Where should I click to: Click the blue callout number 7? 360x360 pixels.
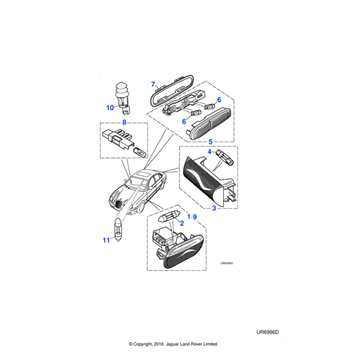pyautogui.click(x=153, y=84)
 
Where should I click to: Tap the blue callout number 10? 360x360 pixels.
pyautogui.click(x=110, y=107)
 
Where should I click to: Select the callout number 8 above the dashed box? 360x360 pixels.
pyautogui.click(x=124, y=122)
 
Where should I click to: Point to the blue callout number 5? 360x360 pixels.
pyautogui.click(x=211, y=142)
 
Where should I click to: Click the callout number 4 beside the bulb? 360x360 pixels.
pyautogui.click(x=209, y=152)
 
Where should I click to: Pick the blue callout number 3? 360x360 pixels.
pyautogui.click(x=214, y=208)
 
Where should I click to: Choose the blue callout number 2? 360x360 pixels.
pyautogui.click(x=182, y=223)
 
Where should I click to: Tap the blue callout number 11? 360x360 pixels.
pyautogui.click(x=106, y=240)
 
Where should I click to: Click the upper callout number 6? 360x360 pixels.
pyautogui.click(x=219, y=100)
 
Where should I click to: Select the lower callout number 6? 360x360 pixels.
pyautogui.click(x=184, y=121)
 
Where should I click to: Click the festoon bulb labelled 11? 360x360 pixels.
pyautogui.click(x=118, y=229)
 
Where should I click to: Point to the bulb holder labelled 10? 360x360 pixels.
pyautogui.click(x=121, y=98)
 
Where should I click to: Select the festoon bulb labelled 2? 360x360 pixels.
pyautogui.click(x=169, y=217)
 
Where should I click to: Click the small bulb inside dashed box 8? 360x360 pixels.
pyautogui.click(x=140, y=152)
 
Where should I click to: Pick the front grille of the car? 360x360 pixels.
pyautogui.click(x=119, y=203)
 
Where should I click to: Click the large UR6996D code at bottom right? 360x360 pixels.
pyautogui.click(x=268, y=332)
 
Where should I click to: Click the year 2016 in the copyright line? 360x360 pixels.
pyautogui.click(x=158, y=344)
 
